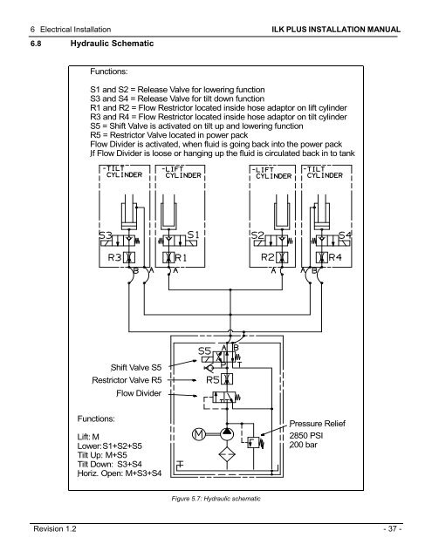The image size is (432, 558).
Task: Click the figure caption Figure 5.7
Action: click(x=216, y=497)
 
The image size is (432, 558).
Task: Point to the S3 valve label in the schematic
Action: click(x=106, y=234)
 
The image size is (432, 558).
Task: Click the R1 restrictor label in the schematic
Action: click(x=183, y=257)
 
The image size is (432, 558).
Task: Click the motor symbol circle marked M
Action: click(x=198, y=433)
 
